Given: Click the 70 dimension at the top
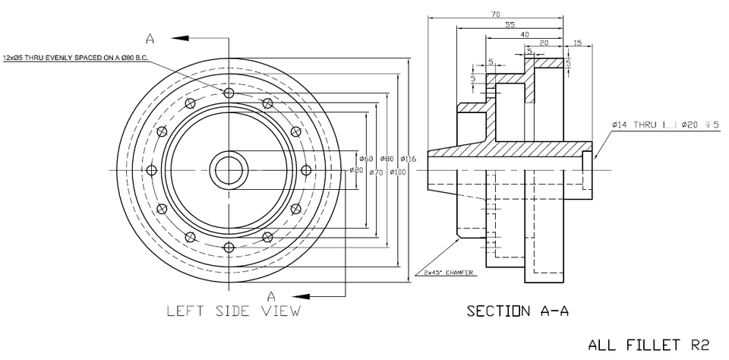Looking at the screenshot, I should (x=495, y=14).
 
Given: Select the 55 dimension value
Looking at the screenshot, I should (x=510, y=25).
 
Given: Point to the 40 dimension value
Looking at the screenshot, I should (x=524, y=35).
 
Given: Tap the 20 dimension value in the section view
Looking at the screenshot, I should (x=544, y=43).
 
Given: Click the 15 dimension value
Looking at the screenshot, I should (x=578, y=43).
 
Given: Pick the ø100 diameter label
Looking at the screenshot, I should (x=398, y=172).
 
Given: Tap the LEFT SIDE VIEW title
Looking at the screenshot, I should (x=233, y=311).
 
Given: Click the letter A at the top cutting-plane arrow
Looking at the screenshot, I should (x=150, y=39).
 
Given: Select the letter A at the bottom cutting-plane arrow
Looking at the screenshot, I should (x=270, y=295).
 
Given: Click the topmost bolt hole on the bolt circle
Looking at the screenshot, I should (x=229, y=93).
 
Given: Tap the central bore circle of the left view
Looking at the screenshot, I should (x=229, y=169).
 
